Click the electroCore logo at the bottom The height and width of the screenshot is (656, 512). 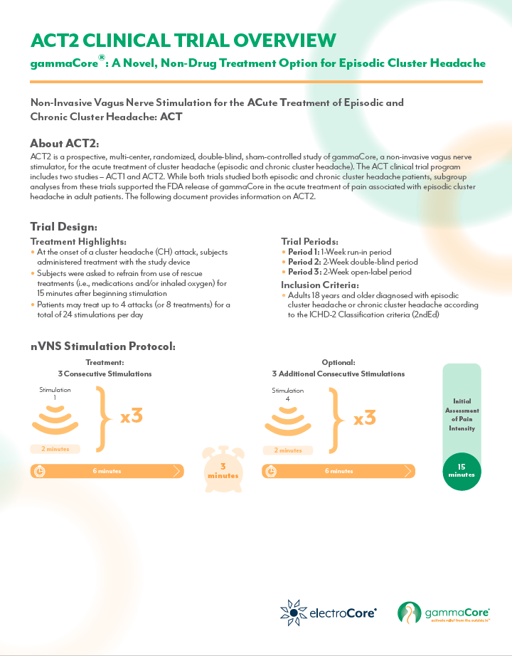point(329,611)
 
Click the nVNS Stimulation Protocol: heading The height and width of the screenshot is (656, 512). point(102,346)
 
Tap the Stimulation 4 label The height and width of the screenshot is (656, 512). point(288,394)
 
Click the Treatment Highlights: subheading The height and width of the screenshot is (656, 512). point(78,242)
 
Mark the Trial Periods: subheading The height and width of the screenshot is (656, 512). point(309,242)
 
